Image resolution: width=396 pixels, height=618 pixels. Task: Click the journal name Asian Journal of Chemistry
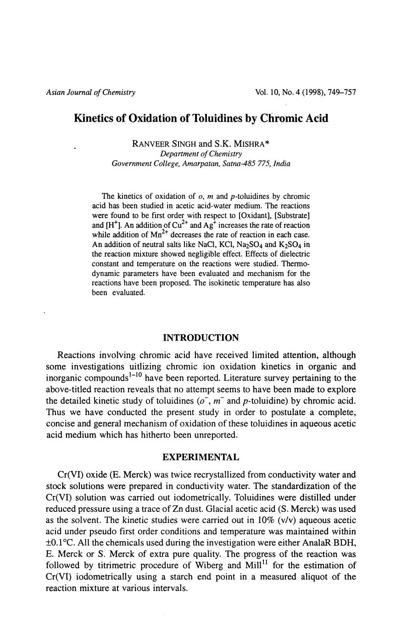tap(90, 92)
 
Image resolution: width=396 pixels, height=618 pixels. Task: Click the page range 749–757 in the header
tap(340, 92)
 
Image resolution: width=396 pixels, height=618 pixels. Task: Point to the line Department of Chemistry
tap(201, 153)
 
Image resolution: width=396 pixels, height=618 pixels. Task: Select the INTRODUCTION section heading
tap(201, 338)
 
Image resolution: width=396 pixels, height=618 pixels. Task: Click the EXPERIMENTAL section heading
tap(201, 457)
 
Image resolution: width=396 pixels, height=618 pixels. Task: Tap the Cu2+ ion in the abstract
tap(179, 225)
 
